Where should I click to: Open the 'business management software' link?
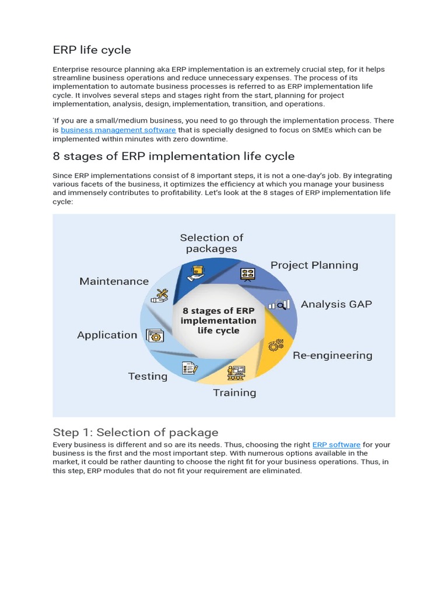click(x=118, y=130)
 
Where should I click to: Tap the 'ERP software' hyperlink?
click(x=336, y=445)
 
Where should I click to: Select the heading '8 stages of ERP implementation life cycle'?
click(x=173, y=156)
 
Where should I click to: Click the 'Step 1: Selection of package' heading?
click(x=135, y=432)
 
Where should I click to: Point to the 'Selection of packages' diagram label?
click(x=212, y=243)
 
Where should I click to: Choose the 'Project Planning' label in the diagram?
click(x=314, y=265)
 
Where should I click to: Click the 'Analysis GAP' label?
click(x=336, y=304)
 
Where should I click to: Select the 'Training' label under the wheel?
click(x=235, y=392)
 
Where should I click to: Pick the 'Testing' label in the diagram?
click(x=148, y=376)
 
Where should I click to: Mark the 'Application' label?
click(x=107, y=335)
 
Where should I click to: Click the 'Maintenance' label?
click(x=114, y=281)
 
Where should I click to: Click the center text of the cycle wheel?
click(x=219, y=321)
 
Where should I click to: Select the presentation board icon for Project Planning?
click(x=247, y=274)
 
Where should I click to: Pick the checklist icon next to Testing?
click(x=190, y=368)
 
